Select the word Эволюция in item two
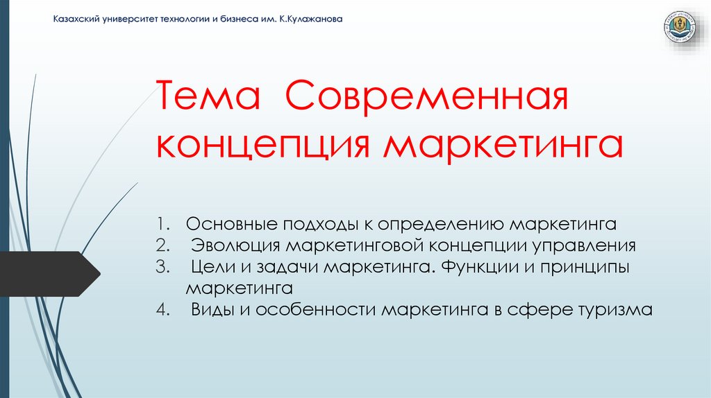pyautogui.click(x=236, y=245)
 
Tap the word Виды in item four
pyautogui.click(x=213, y=309)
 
